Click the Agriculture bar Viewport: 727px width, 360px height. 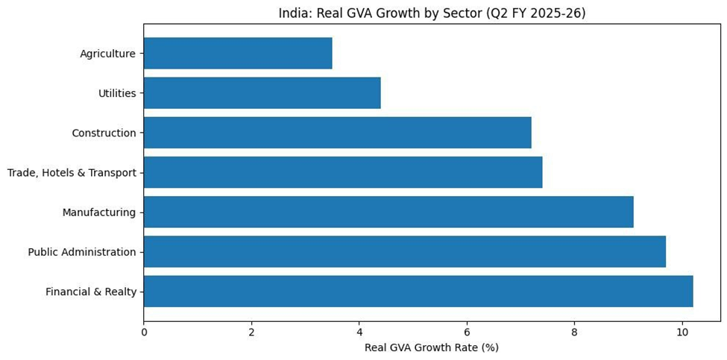click(237, 54)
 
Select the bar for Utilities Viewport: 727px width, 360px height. click(262, 93)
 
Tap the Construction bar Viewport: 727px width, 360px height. click(337, 133)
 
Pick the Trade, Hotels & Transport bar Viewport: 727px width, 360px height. click(342, 172)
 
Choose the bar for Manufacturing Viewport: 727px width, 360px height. click(388, 212)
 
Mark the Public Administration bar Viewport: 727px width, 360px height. click(404, 252)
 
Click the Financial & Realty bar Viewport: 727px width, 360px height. click(418, 291)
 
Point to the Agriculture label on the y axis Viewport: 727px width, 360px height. click(107, 54)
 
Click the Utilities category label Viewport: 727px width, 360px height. click(117, 93)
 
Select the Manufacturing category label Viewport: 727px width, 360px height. click(98, 212)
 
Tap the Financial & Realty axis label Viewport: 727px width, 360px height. click(90, 291)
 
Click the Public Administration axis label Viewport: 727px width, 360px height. click(82, 252)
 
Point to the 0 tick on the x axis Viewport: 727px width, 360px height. click(144, 332)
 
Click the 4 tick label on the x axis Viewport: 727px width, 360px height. click(359, 332)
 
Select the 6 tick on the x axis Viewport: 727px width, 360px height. click(467, 332)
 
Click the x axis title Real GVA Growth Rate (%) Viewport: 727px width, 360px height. click(431, 347)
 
